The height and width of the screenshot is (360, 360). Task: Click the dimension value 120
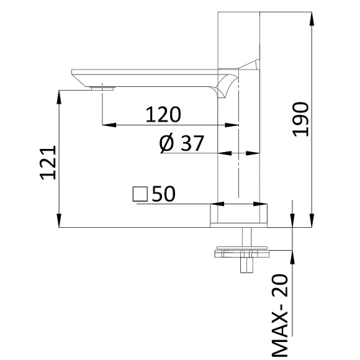(x=163, y=114)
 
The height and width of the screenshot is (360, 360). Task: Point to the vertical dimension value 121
(x=49, y=162)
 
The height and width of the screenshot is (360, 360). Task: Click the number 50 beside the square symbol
(x=164, y=194)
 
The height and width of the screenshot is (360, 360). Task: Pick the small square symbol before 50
(x=140, y=194)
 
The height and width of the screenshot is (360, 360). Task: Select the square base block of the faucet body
(x=239, y=215)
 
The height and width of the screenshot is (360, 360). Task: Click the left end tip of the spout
(x=73, y=70)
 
